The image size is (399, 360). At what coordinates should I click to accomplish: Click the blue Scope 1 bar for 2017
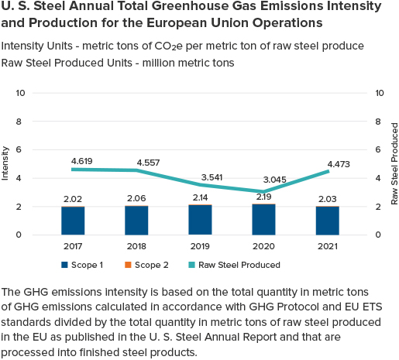coord(73,221)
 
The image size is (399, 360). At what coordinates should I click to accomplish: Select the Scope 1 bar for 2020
coord(263,220)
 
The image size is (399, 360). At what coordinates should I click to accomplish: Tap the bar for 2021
coord(328,221)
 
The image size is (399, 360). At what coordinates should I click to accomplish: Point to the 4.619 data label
coord(82,161)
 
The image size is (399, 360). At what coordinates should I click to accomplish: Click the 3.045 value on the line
coord(275,180)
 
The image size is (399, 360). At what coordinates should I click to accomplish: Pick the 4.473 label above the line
coord(339,164)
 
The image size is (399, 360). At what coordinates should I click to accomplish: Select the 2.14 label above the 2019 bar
coord(200,197)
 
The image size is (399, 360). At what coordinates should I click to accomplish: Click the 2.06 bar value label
coord(136,198)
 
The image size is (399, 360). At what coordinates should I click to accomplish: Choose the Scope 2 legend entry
coord(146,265)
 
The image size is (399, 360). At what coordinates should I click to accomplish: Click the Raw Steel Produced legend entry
coord(234,265)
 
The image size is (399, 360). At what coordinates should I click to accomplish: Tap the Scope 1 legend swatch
coord(64,265)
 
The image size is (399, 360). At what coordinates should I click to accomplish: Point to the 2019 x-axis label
coord(200,246)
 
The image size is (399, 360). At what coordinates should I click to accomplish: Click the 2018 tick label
coord(136,246)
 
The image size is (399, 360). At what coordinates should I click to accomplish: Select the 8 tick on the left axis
coord(19,122)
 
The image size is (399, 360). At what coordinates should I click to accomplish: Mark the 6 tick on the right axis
coord(378,149)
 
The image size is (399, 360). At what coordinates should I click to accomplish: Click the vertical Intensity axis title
coord(5,163)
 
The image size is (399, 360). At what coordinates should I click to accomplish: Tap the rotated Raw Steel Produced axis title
coord(394,163)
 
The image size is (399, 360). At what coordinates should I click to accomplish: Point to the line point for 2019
coord(200,184)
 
